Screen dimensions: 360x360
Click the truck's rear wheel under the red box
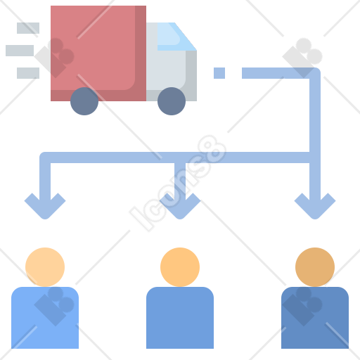click(84, 101)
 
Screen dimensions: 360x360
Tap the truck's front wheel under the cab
click(172, 101)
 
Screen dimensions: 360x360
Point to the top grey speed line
click(28, 28)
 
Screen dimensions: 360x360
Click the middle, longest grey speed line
click(20, 51)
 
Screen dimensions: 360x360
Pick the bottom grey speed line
click(28, 73)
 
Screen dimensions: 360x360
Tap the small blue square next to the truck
click(219, 73)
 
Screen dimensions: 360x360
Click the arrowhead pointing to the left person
click(45, 207)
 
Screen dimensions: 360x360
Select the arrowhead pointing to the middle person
click(180, 207)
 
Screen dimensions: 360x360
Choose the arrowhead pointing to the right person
click(315, 207)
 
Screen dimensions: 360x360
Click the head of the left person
click(45, 267)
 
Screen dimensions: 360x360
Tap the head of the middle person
click(180, 267)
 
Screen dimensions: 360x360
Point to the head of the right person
click(315, 267)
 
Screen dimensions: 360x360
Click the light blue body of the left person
click(45, 318)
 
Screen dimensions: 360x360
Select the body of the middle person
click(180, 318)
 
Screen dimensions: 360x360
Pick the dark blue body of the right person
click(315, 318)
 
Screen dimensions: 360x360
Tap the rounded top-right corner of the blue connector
click(316, 72)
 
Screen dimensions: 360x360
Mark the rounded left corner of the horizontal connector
click(44, 156)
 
